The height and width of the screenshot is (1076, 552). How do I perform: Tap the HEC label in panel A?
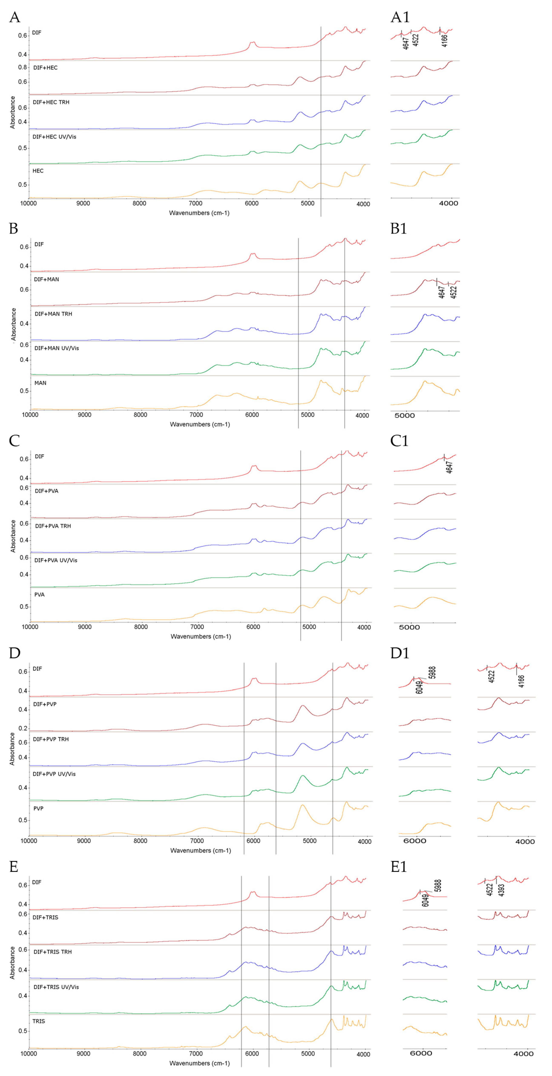pyautogui.click(x=38, y=171)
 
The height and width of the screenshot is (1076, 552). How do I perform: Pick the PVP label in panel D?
pyautogui.click(x=38, y=808)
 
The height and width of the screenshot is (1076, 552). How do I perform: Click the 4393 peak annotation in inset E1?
pyautogui.click(x=502, y=890)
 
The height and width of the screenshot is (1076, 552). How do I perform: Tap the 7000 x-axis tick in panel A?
pyautogui.click(x=195, y=204)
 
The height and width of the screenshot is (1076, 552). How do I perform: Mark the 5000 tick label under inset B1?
pyautogui.click(x=405, y=416)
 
